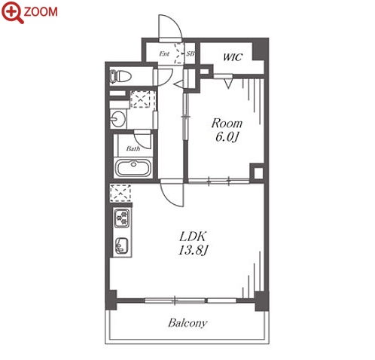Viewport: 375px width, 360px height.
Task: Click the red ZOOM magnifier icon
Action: tap(13, 13)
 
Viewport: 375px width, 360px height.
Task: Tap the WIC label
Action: tap(233, 57)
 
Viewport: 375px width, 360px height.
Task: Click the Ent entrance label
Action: tap(164, 53)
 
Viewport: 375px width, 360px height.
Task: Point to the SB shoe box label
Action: tap(191, 53)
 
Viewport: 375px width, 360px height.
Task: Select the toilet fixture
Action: tap(120, 76)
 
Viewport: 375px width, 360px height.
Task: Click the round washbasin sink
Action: tap(118, 119)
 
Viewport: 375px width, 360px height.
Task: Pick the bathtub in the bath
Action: tap(133, 167)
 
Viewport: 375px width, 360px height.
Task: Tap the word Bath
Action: tap(133, 148)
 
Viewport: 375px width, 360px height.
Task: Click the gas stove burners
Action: tap(122, 218)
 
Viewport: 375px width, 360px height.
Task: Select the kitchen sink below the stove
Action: tap(122, 246)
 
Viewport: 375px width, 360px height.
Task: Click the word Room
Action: tap(227, 124)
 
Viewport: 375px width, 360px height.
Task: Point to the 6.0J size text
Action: tap(227, 137)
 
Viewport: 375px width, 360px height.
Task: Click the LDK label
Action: tap(193, 236)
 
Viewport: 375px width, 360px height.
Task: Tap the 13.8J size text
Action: tap(193, 250)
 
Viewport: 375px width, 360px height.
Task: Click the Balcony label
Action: tap(187, 323)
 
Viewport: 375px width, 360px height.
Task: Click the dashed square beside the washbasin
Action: tap(140, 99)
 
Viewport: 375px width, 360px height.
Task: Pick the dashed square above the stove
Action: tap(120, 193)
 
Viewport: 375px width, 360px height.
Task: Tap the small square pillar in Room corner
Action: tap(258, 173)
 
